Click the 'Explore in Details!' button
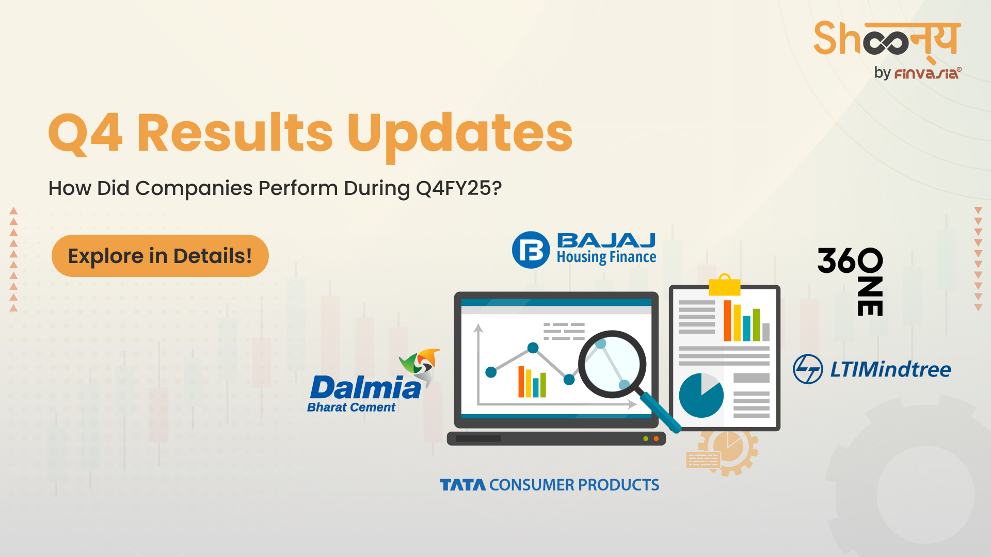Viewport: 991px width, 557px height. [x=160, y=256]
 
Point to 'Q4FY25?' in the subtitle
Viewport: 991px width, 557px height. [x=459, y=189]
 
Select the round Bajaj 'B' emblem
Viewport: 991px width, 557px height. [x=531, y=250]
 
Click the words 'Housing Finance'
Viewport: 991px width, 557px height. [x=606, y=257]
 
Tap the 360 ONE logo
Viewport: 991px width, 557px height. [x=851, y=281]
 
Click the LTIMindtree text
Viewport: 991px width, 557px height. [x=890, y=369]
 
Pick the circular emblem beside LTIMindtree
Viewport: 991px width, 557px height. [x=808, y=369]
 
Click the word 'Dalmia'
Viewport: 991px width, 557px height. [x=365, y=388]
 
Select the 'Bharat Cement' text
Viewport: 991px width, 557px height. [x=351, y=407]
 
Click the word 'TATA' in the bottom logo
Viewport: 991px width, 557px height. [x=462, y=485]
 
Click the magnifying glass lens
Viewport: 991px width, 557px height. [x=612, y=364]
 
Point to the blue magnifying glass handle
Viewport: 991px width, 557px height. [x=660, y=413]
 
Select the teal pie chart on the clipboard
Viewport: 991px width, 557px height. [x=701, y=395]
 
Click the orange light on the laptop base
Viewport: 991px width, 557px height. [x=656, y=439]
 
